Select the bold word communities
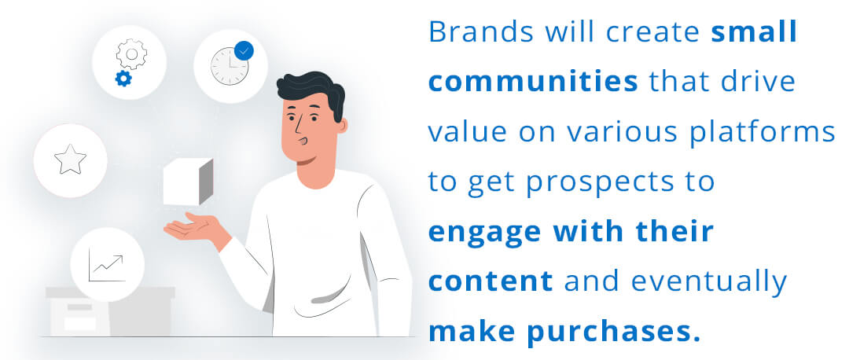533,82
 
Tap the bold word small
754,32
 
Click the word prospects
586,183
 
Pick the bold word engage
485,233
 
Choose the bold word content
491,281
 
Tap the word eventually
709,283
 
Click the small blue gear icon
123,79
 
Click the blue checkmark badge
244,51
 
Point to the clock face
230,66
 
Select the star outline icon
71,160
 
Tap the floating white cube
189,182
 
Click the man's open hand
195,228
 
